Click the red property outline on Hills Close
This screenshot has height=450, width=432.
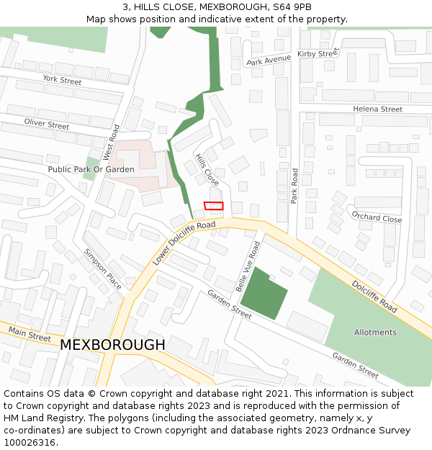click(x=214, y=206)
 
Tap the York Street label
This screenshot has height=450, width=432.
click(x=62, y=79)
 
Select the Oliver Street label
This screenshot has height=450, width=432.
click(x=47, y=125)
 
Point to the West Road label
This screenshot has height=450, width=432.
click(x=110, y=142)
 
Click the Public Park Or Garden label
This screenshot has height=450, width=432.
click(x=91, y=169)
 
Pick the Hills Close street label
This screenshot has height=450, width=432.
click(x=207, y=169)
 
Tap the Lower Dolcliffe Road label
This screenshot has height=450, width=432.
click(x=184, y=243)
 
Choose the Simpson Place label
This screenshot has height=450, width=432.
click(x=103, y=269)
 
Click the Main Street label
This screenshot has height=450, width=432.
click(x=30, y=333)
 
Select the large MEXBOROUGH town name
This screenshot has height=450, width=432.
click(x=112, y=345)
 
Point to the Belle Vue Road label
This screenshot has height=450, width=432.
click(x=247, y=266)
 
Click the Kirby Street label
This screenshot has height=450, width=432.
click(x=318, y=53)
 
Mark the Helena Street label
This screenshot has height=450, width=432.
click(x=377, y=109)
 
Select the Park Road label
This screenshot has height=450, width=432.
click(x=294, y=186)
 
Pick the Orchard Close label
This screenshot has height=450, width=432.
click(x=377, y=218)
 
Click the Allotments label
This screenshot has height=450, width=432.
click(x=375, y=332)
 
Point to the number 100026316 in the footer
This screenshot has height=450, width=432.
click(x=30, y=443)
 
